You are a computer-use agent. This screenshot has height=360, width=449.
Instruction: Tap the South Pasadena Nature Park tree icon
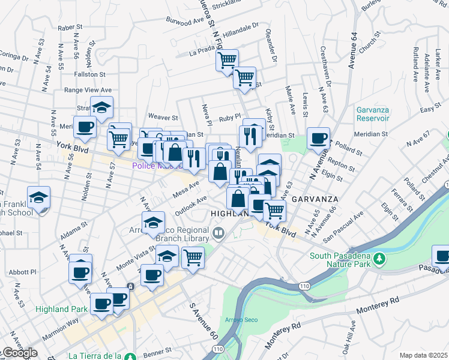[379, 259]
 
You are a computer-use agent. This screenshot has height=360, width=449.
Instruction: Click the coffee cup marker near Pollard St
[318, 139]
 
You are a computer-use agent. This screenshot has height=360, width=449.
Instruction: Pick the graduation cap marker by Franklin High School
[38, 198]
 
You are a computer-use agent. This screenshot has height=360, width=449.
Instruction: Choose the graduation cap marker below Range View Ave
[102, 108]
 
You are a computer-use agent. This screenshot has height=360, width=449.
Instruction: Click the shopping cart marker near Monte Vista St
[193, 257]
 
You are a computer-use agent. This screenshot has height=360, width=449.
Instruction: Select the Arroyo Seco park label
[241, 320]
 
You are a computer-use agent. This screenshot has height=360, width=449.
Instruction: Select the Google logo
[19, 353]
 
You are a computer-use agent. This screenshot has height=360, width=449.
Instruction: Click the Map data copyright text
[424, 355]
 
